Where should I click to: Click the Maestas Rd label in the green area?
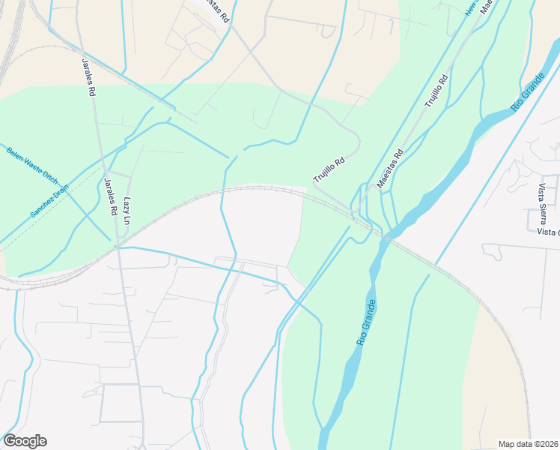coord(390,167)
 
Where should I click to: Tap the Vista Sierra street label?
coord(541,202)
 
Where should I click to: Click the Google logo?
coord(25,441)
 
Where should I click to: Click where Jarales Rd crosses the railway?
coord(118,243)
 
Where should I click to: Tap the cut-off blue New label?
coord(470,7)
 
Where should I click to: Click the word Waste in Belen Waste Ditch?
coord(32,164)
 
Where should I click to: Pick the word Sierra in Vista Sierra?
coord(541,211)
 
